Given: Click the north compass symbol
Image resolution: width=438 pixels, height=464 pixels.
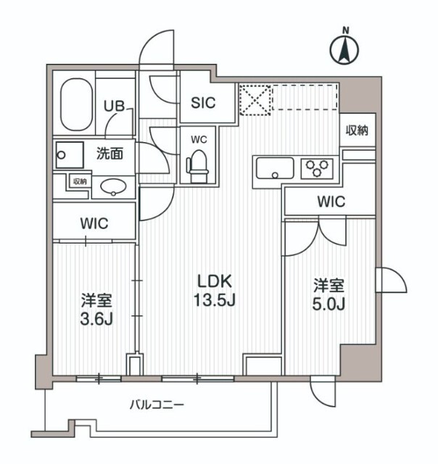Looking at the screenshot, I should (346, 49).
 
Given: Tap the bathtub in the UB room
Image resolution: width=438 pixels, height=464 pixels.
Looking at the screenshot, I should (75, 104).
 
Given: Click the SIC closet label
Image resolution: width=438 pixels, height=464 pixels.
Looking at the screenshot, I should (203, 103).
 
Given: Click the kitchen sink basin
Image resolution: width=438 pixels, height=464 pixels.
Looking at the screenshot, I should (273, 169).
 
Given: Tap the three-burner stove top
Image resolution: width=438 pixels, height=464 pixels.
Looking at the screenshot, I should (317, 168).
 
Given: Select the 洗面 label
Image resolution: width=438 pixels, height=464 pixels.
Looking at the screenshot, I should (109, 153).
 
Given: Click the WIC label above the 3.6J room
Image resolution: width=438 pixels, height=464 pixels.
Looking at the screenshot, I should (94, 223).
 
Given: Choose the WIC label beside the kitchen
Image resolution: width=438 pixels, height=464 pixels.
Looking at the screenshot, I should (330, 202).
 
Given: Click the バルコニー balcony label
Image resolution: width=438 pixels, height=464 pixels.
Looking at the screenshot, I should (157, 405).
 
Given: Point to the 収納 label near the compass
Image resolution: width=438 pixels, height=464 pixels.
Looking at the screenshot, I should (358, 130).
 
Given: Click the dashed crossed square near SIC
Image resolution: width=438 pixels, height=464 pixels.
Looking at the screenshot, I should (255, 100).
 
